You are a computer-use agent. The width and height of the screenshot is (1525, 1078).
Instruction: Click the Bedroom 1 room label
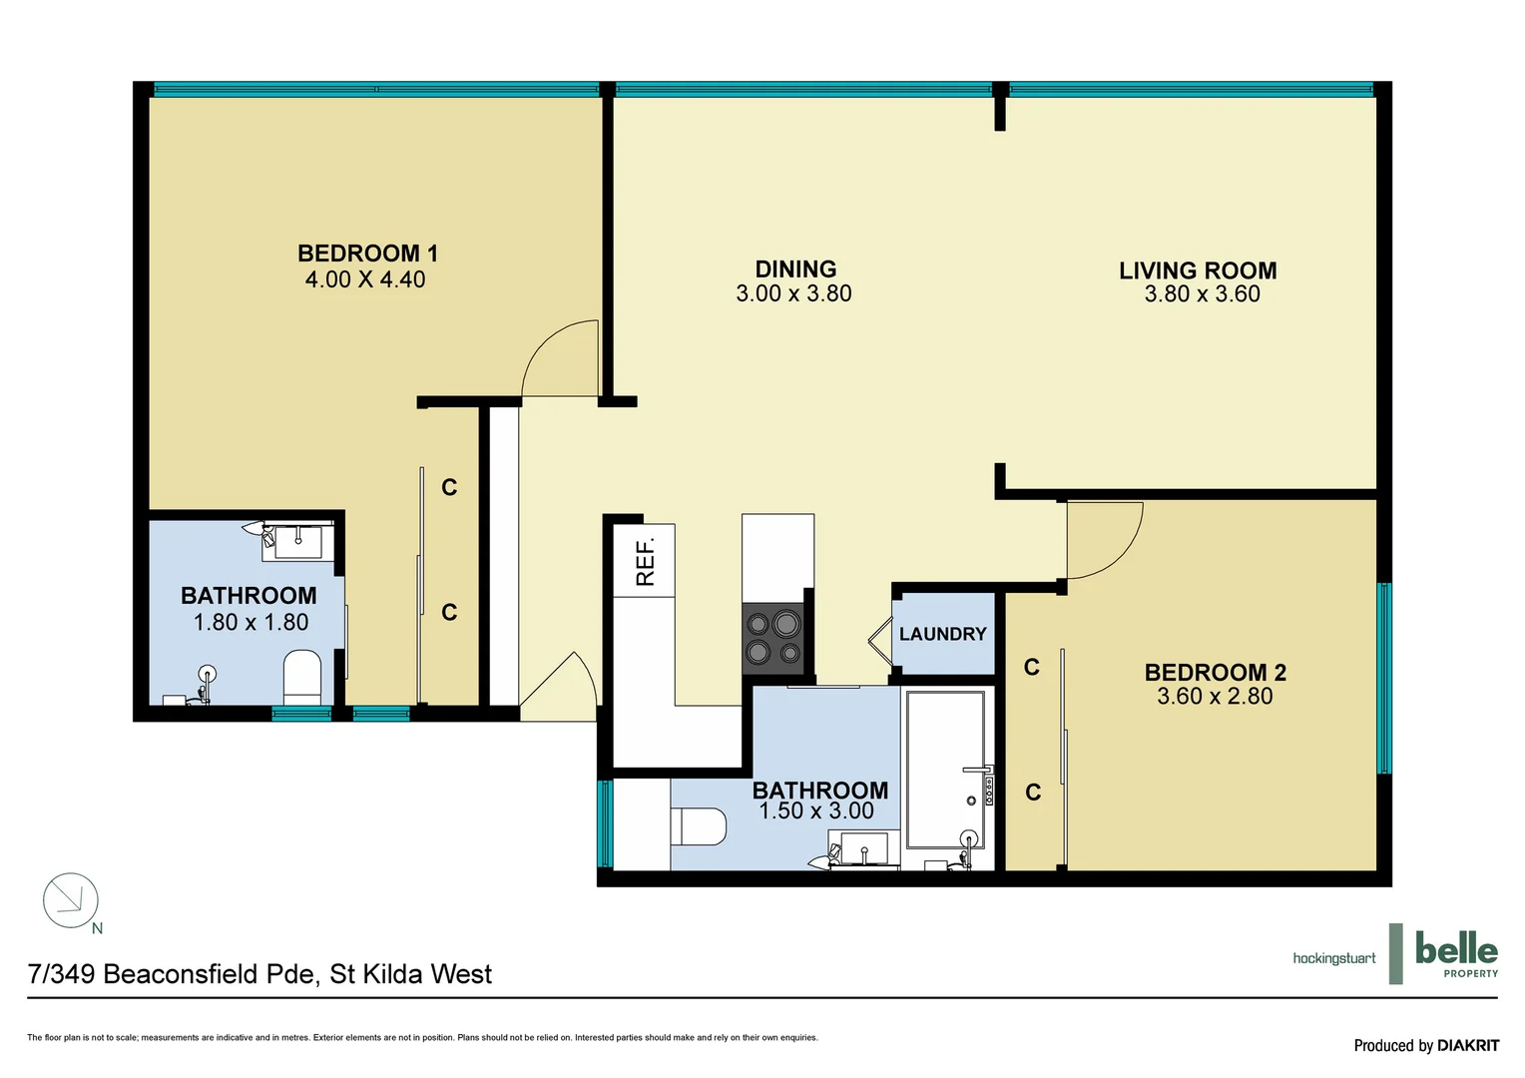pyautogui.click(x=367, y=254)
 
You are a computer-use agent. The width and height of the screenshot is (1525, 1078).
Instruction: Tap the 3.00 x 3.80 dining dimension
pyautogui.click(x=793, y=293)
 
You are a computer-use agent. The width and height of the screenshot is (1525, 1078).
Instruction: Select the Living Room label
pyautogui.click(x=1198, y=270)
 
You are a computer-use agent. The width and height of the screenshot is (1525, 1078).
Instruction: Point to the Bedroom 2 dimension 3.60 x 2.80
pyautogui.click(x=1215, y=697)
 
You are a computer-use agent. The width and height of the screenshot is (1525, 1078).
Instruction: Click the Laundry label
pyautogui.click(x=942, y=634)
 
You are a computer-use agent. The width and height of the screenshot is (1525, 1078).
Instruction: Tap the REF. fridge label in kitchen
pyautogui.click(x=645, y=561)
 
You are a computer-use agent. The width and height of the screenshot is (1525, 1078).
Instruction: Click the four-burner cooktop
pyautogui.click(x=774, y=638)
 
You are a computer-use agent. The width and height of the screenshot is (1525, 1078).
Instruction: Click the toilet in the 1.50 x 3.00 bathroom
pyautogui.click(x=699, y=826)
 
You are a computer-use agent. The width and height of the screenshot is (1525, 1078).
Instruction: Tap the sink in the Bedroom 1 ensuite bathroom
pyautogui.click(x=298, y=542)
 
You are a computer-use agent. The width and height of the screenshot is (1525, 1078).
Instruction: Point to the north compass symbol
pyautogui.click(x=71, y=901)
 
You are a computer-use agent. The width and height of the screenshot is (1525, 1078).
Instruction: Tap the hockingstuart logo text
pyautogui.click(x=1333, y=958)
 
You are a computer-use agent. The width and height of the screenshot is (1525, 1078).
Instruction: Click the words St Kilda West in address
pyautogui.click(x=410, y=974)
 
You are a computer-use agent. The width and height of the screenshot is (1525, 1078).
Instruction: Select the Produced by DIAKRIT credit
pyautogui.click(x=1425, y=1045)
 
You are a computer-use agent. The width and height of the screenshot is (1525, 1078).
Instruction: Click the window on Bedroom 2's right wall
pyautogui.click(x=1383, y=679)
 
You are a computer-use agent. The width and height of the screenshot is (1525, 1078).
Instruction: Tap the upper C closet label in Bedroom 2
pyautogui.click(x=1032, y=667)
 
